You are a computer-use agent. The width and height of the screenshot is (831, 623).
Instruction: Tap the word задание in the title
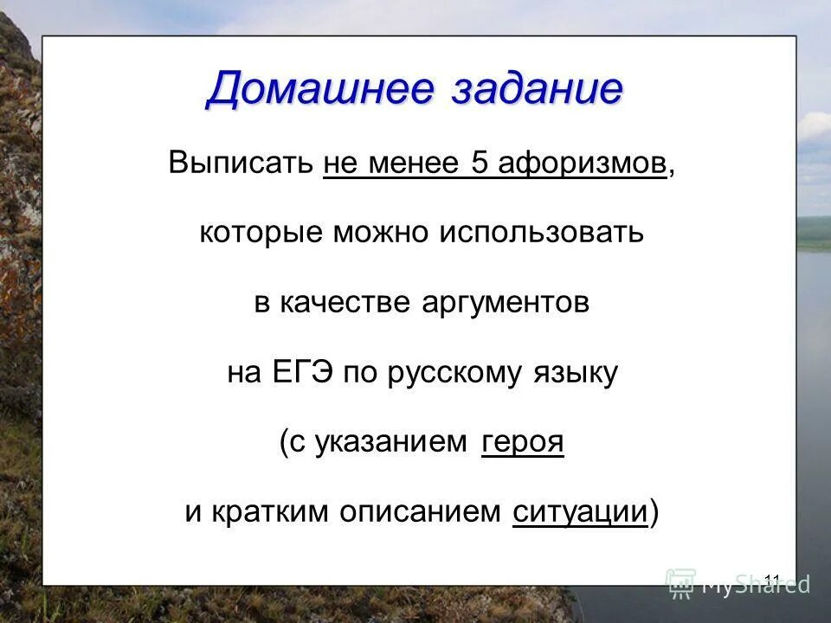point(536,88)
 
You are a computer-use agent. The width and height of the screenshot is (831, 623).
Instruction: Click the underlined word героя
point(522,442)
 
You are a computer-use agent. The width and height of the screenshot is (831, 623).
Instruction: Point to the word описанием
point(420,511)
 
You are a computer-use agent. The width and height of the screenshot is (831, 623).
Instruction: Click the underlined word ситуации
point(580,511)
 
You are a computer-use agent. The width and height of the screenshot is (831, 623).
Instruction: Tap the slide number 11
point(773,579)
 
